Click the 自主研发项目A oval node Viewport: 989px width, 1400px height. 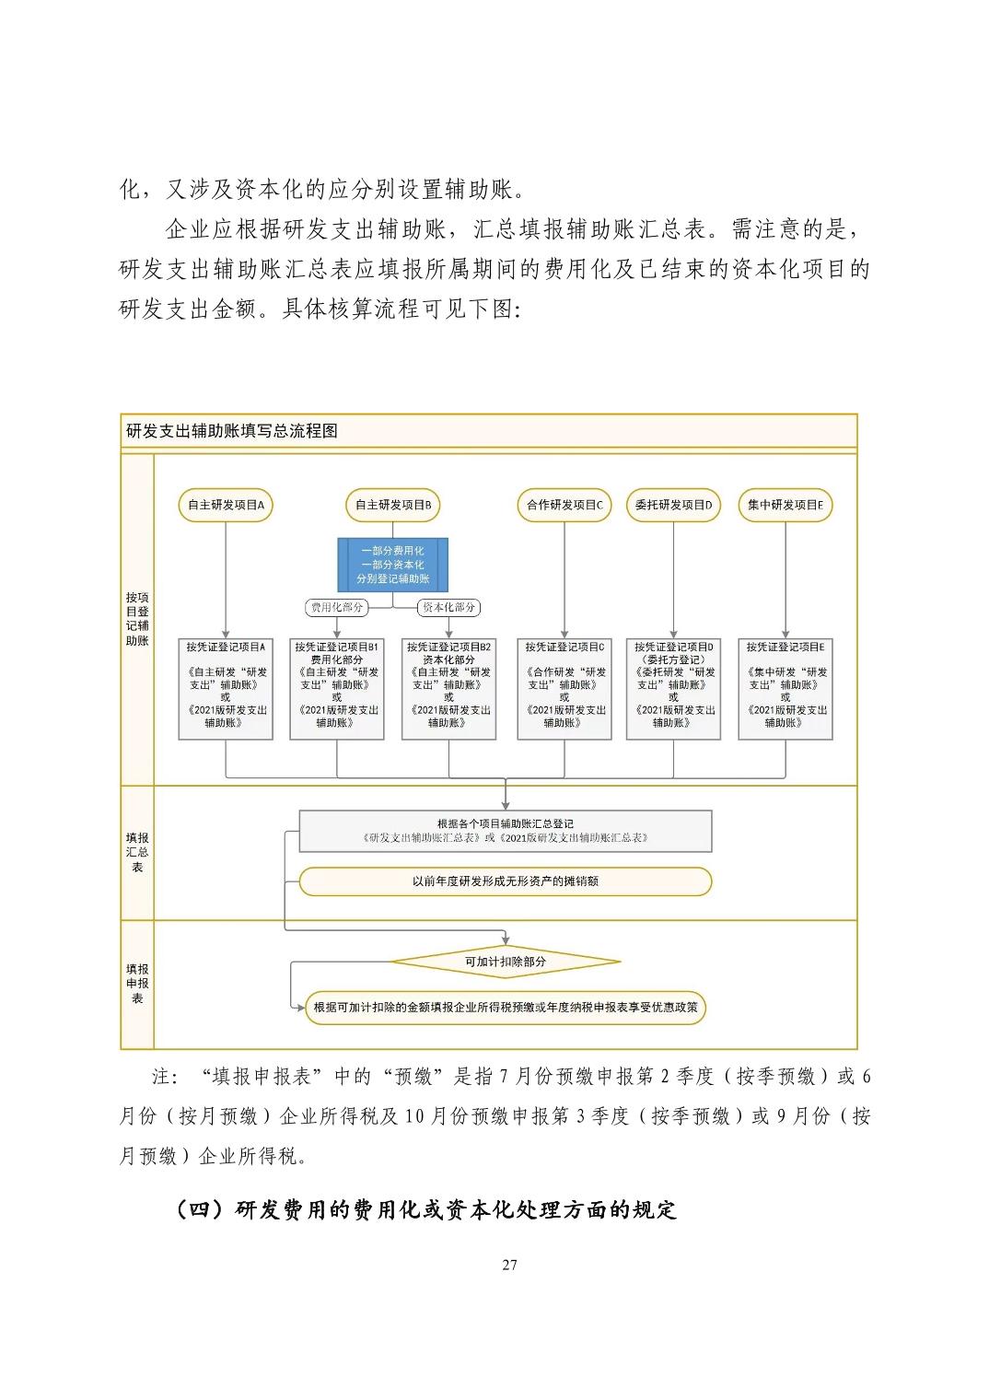coord(226,505)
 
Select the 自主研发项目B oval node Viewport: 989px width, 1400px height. coord(393,505)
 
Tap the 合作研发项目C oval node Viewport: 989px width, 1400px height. coord(564,505)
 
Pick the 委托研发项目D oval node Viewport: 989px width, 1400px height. coord(673,505)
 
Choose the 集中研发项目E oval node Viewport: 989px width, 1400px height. coord(785,505)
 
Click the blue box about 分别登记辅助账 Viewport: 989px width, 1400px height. coord(393,565)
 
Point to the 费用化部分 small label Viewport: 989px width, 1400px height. coord(337,607)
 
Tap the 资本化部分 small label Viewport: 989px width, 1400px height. coord(449,607)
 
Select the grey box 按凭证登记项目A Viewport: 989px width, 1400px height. coord(226,688)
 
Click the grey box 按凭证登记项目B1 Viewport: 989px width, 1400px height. coord(337,688)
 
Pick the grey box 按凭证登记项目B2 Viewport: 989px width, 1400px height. coord(449,688)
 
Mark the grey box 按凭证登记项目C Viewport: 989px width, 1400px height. coord(564,688)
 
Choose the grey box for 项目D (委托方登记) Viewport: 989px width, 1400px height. coord(673,688)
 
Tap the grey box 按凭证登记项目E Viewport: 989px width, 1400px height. coord(785,688)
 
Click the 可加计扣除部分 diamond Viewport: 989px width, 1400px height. coord(506,962)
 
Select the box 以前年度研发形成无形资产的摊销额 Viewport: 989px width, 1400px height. coord(506,881)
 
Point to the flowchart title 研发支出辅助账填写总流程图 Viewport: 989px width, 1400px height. coord(232,430)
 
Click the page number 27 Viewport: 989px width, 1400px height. coord(509,1265)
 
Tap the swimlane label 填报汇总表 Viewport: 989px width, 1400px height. coord(137,852)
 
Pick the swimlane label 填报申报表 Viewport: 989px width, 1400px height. coord(137,984)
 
